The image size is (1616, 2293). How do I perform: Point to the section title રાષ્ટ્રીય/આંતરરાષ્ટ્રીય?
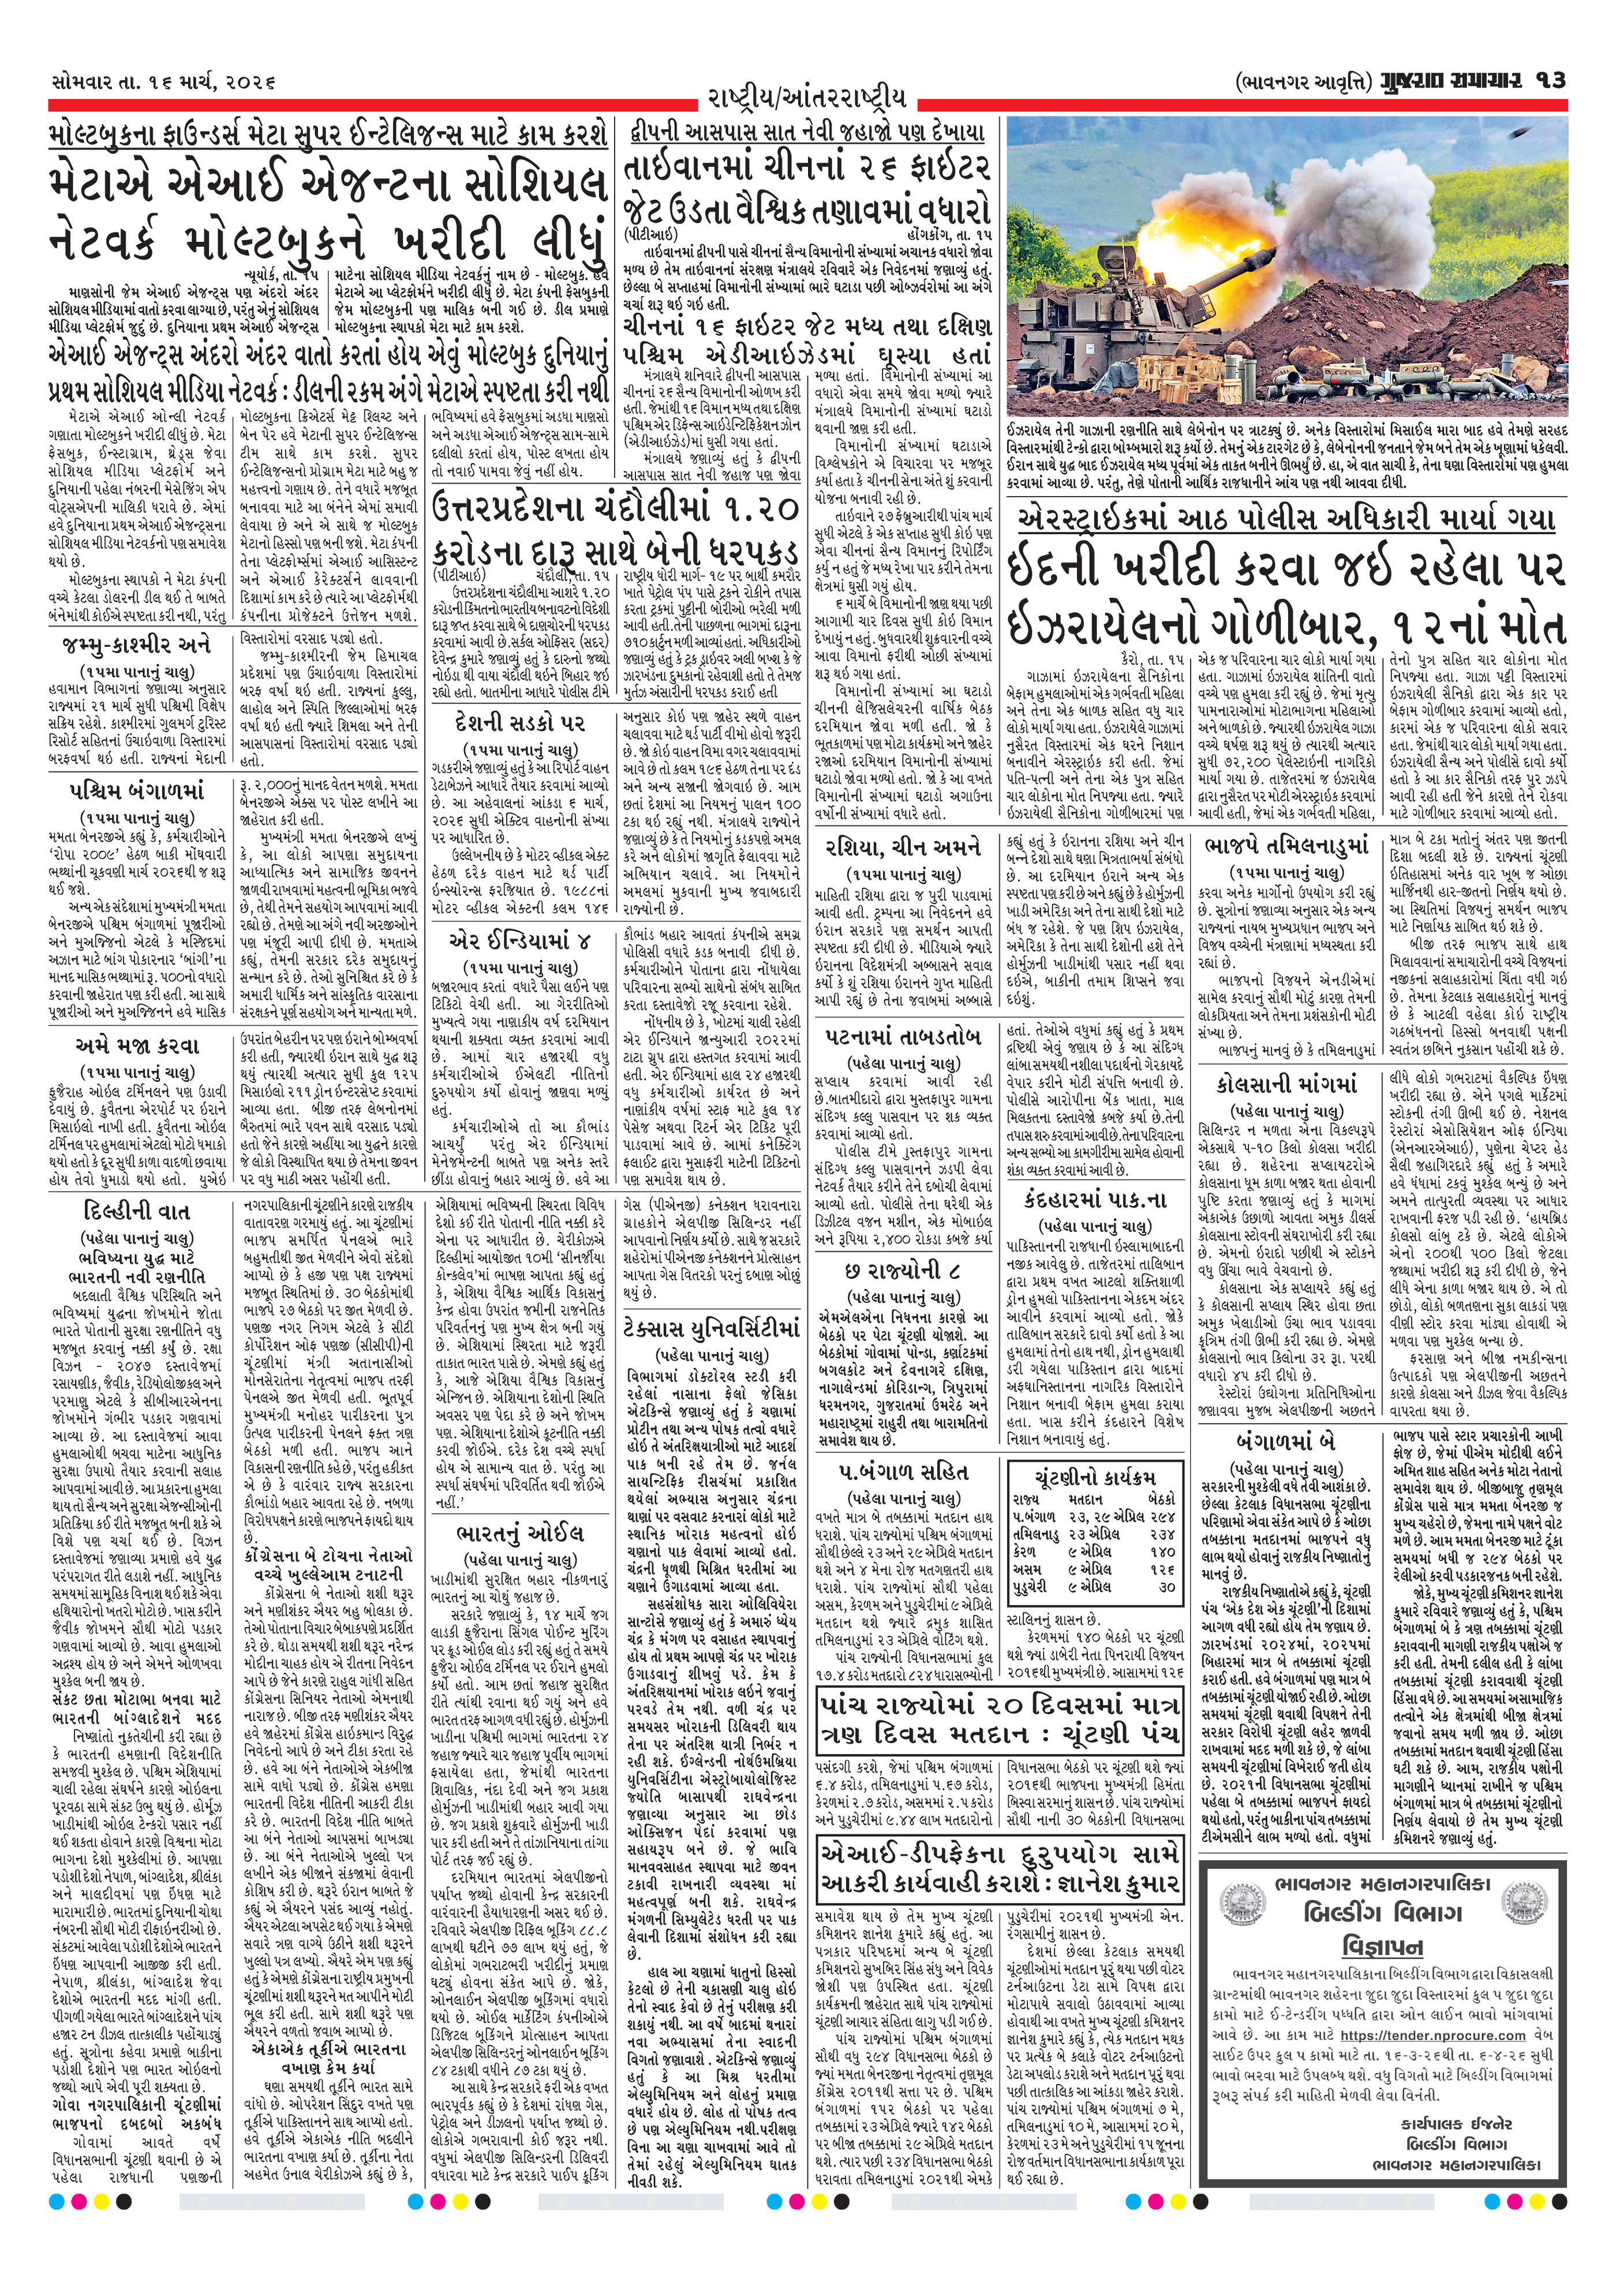click(x=807, y=98)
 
